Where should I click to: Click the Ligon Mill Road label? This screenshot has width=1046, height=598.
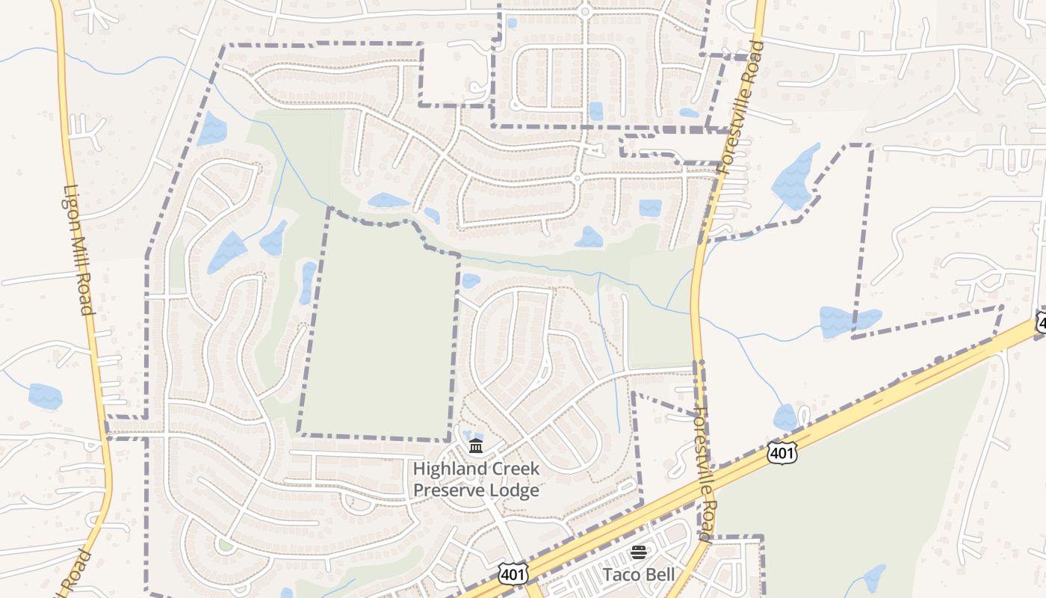(78, 250)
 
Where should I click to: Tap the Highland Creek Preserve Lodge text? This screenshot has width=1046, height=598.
(476, 480)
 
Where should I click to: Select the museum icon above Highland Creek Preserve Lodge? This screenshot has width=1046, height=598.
(476, 447)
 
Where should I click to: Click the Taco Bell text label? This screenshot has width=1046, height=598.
(639, 574)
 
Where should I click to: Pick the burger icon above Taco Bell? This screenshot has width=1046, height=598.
(639, 552)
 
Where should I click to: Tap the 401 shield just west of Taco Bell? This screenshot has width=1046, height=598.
(514, 573)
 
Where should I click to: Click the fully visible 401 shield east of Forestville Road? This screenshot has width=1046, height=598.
(782, 451)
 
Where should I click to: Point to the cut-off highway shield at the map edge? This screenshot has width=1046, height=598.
(1041, 323)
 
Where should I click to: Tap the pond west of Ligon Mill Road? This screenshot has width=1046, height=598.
(46, 395)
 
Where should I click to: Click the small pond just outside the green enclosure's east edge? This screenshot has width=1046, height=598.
(470, 281)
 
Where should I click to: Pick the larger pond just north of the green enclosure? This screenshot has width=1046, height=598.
(388, 200)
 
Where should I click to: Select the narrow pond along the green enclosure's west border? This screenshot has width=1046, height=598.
(307, 283)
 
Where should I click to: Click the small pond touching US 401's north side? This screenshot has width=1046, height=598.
(785, 417)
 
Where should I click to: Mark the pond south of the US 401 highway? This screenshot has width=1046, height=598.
(873, 577)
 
